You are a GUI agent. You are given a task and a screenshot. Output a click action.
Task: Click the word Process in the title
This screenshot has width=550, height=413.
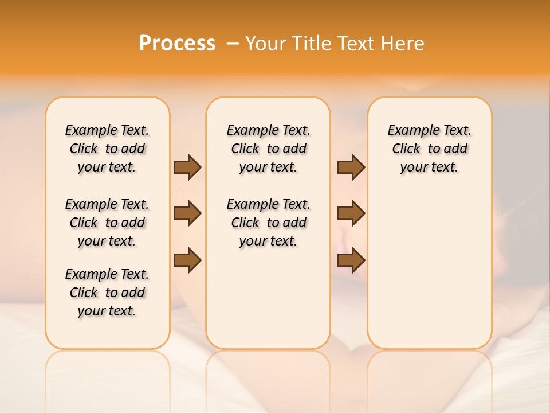pyautogui.click(x=177, y=44)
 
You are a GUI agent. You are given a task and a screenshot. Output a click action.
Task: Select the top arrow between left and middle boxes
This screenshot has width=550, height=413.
pyautogui.click(x=187, y=167)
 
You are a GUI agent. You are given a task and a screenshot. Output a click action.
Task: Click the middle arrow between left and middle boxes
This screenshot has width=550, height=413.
pyautogui.click(x=187, y=213)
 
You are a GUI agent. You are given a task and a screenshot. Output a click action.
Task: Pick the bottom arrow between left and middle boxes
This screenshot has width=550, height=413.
pyautogui.click(x=187, y=260)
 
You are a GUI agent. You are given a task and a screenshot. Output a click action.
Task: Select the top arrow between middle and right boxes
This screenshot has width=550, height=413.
pyautogui.click(x=351, y=167)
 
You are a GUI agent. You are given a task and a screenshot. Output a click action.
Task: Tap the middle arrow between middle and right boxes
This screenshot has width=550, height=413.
pyautogui.click(x=351, y=213)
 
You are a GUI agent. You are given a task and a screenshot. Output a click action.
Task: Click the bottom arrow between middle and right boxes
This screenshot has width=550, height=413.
pyautogui.click(x=351, y=260)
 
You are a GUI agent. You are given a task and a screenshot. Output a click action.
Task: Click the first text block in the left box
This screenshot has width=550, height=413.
pyautogui.click(x=107, y=149)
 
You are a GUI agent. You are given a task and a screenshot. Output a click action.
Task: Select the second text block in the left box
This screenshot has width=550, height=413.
pyautogui.click(x=107, y=223)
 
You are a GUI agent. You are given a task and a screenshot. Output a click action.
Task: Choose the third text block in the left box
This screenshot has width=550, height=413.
pyautogui.click(x=107, y=293)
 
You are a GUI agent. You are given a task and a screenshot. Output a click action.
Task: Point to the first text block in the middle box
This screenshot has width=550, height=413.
pyautogui.click(x=268, y=149)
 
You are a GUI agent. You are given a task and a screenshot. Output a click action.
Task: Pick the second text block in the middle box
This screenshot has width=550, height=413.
pyautogui.click(x=268, y=223)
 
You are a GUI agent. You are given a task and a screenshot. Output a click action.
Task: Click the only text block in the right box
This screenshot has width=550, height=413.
pyautogui.click(x=429, y=149)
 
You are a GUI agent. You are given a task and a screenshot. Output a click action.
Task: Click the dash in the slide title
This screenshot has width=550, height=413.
pyautogui.click(x=233, y=44)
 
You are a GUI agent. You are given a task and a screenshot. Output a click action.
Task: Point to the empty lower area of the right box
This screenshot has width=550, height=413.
pyautogui.click(x=429, y=270)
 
